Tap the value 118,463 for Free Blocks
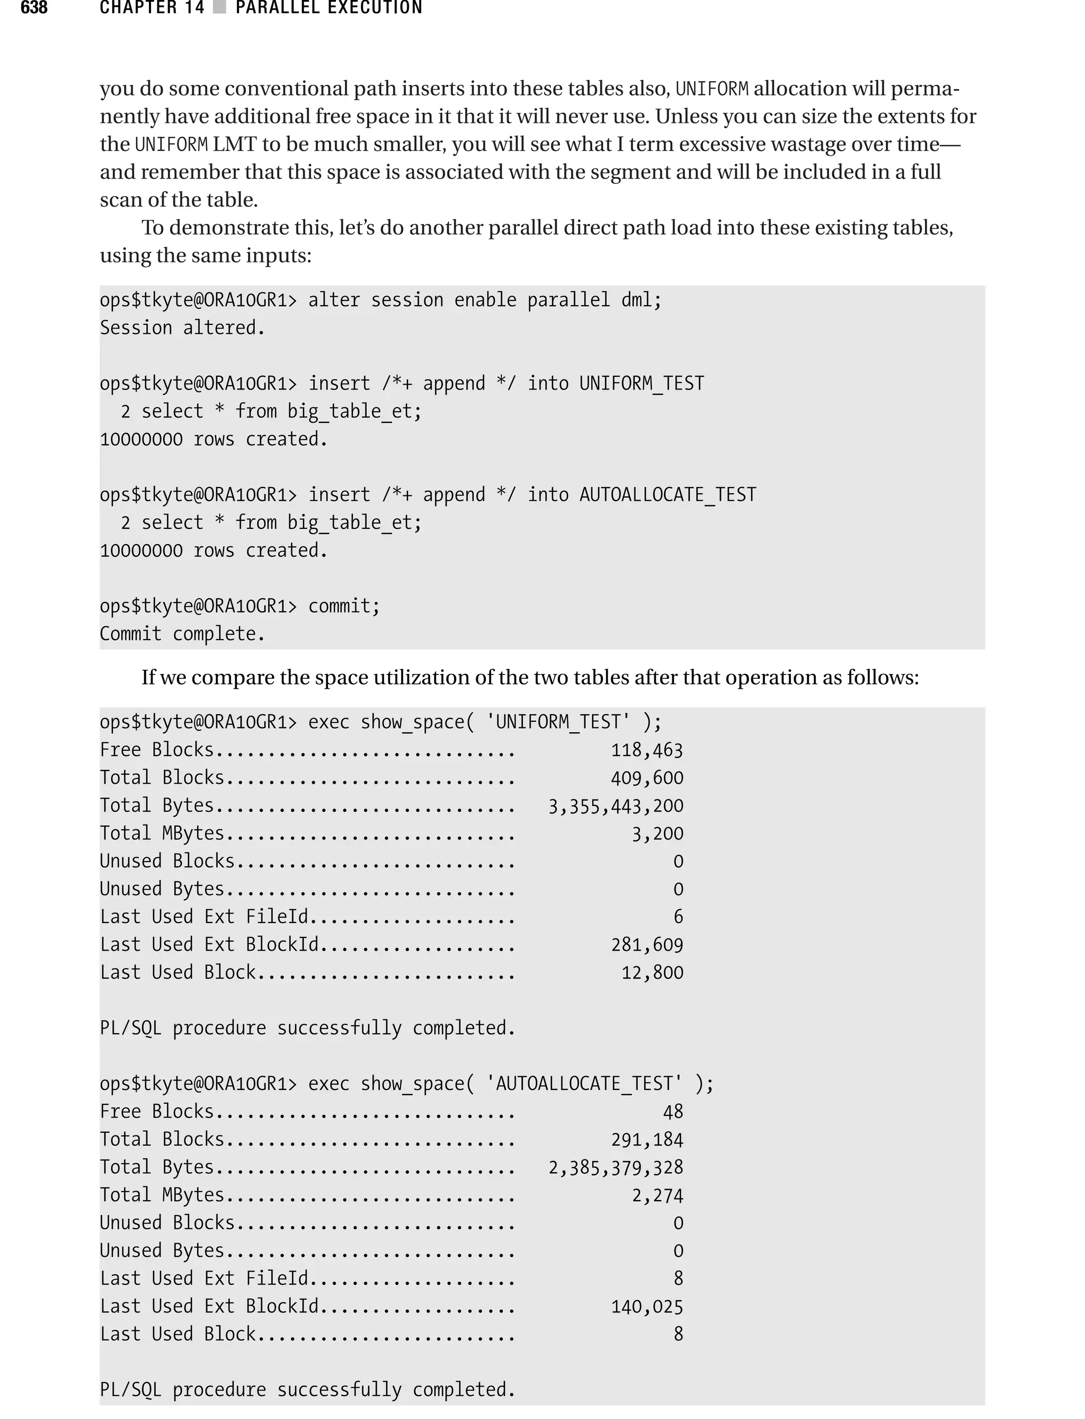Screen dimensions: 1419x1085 pyautogui.click(x=646, y=750)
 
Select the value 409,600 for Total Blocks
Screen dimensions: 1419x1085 pyautogui.click(x=646, y=778)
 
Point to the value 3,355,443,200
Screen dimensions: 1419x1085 pyautogui.click(x=616, y=806)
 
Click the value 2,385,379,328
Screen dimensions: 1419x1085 pyautogui.click(x=616, y=1168)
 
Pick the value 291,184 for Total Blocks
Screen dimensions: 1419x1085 pyautogui.click(x=646, y=1139)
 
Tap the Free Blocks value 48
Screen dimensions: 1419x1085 pyautogui.click(x=672, y=1112)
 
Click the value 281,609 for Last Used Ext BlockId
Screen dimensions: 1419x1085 pyautogui.click(x=646, y=945)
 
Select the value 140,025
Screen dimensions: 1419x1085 pyautogui.click(x=646, y=1307)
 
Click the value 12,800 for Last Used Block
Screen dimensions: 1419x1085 pyautogui.click(x=652, y=973)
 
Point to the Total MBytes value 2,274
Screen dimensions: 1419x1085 pyautogui.click(x=657, y=1195)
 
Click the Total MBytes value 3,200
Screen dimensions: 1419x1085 pyautogui.click(x=657, y=834)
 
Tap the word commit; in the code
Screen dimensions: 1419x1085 pyautogui.click(x=344, y=606)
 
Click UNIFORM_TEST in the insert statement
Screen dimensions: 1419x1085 pyautogui.click(x=642, y=384)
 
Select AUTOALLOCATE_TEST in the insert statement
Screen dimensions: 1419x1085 pyautogui.click(x=667, y=495)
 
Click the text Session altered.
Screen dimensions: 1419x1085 pyautogui.click(x=182, y=328)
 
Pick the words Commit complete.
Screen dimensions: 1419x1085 pyautogui.click(x=182, y=634)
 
